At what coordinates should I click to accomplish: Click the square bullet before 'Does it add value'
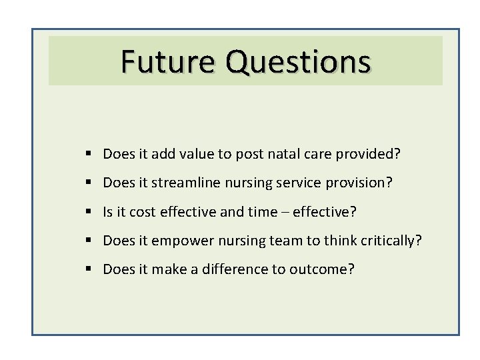(x=89, y=154)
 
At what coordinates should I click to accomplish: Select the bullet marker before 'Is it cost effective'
(x=89, y=211)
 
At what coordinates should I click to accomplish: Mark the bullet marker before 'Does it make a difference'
(x=89, y=269)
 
